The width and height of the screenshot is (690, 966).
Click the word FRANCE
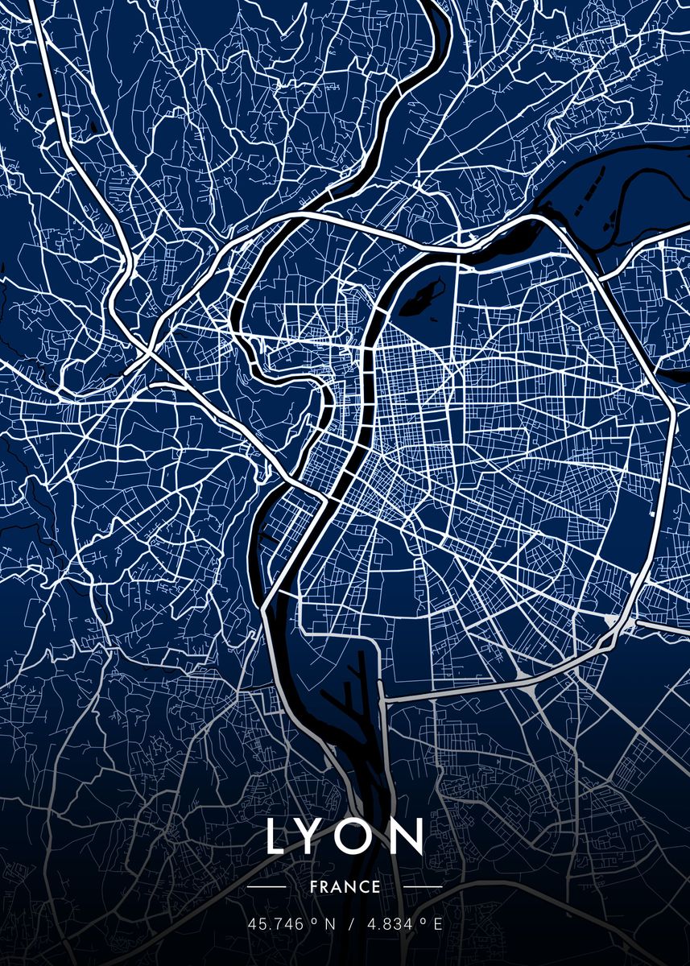pos(345,887)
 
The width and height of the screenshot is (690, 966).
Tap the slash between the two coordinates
pos(350,924)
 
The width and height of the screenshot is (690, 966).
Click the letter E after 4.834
pos(438,924)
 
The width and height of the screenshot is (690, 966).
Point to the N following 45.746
pos(329,924)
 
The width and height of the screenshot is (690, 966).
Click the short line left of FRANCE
pos(266,887)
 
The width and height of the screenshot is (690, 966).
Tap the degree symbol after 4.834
pos(424,921)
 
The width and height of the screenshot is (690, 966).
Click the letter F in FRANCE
pos(312,887)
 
